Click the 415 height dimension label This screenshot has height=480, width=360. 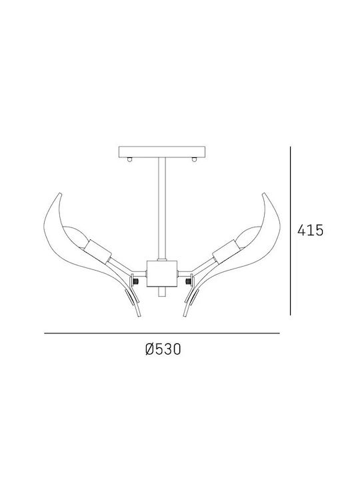click(x=310, y=230)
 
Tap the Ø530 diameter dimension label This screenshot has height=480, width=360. click(x=163, y=349)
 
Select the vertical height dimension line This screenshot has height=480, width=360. click(x=290, y=231)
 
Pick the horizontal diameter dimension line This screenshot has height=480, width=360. click(x=162, y=333)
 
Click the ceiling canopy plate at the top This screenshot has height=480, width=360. click(x=161, y=151)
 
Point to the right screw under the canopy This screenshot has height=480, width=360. click(x=193, y=159)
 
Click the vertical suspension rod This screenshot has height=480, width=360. click(x=162, y=209)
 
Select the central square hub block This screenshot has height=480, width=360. click(x=162, y=273)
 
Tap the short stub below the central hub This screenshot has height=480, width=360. click(x=162, y=292)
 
